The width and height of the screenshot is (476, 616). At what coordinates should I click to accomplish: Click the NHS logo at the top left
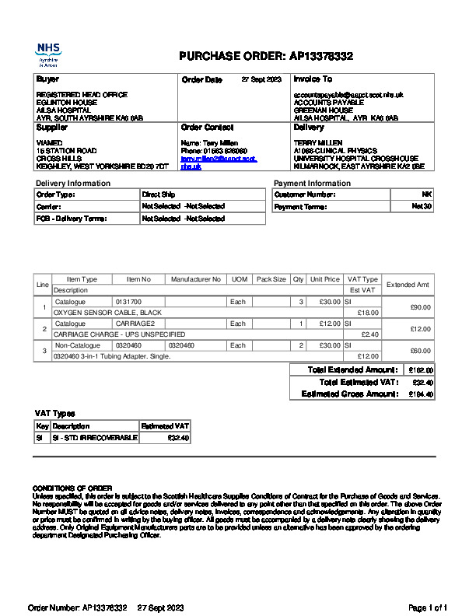[48, 54]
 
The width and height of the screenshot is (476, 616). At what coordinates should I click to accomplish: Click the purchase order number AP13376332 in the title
[322, 56]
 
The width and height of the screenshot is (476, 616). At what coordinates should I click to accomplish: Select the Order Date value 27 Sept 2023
[261, 80]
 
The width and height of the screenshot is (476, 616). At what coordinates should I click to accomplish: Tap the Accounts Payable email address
[348, 95]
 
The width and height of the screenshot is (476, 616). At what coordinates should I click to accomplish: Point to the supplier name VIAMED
[49, 143]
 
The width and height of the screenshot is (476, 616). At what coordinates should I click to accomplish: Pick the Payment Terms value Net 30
[422, 207]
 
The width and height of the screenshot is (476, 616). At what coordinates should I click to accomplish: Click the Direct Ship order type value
[159, 194]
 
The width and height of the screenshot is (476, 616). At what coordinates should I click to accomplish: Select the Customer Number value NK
[427, 194]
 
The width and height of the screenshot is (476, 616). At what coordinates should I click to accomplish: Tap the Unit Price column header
[324, 279]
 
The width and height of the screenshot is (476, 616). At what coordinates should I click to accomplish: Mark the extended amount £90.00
[420, 307]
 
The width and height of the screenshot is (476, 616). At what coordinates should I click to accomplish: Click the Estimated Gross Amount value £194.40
[422, 394]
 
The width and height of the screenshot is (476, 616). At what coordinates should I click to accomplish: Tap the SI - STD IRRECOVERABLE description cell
[94, 438]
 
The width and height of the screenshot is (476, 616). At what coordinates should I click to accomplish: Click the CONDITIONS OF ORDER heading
[72, 488]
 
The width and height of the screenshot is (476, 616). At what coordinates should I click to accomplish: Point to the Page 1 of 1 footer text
[428, 607]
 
